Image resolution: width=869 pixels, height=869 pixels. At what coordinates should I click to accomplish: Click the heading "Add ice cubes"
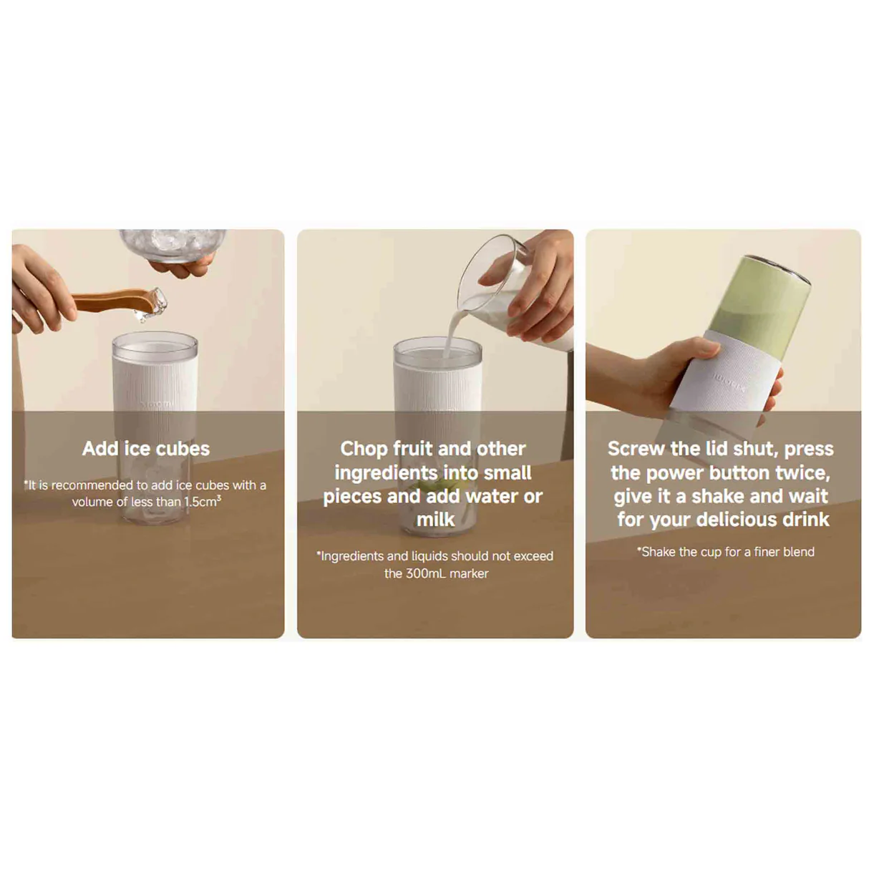point(145,449)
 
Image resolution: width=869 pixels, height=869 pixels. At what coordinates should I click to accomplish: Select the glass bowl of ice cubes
point(173,246)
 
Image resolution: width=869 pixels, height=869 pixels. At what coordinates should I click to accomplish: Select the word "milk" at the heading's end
point(435,520)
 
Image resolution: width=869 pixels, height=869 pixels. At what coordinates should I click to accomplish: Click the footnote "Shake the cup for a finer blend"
point(725,551)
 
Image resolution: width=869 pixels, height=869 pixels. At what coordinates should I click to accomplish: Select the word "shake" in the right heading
point(717,496)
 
